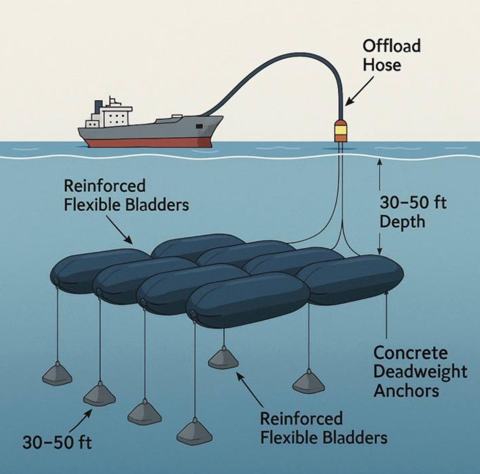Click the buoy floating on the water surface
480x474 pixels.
(342, 131)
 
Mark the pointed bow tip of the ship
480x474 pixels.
(222, 118)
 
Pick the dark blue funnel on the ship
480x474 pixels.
(99, 106)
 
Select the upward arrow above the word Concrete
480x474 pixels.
(386, 316)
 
